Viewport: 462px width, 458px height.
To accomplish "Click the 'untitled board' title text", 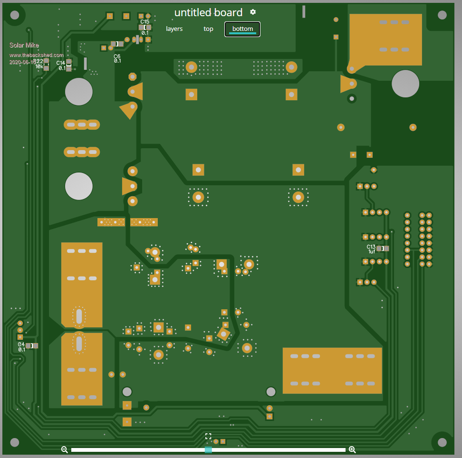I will tap(208, 13).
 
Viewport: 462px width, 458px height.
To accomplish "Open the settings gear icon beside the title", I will tap(253, 12).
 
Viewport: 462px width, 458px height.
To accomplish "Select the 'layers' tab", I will tap(174, 29).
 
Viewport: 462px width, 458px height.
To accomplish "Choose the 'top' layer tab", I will tap(208, 29).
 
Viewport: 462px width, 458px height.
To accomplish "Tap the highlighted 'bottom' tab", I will tap(242, 29).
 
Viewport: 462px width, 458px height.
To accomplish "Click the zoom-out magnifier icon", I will tap(65, 449).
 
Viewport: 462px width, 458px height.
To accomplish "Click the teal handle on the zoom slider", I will tap(208, 449).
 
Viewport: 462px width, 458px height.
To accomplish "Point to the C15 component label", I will tap(144, 22).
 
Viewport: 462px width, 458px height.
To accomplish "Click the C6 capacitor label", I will tap(117, 57).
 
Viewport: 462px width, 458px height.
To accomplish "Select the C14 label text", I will tap(61, 63).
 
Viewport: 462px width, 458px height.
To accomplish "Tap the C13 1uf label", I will tap(371, 247).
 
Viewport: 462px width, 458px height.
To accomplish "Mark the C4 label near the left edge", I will tap(21, 344).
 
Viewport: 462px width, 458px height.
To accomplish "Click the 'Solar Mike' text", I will tap(24, 45).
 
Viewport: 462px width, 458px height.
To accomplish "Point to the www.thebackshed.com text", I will tap(37, 55).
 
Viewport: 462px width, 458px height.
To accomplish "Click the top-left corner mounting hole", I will tap(15, 15).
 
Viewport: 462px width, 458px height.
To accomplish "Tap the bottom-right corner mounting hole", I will tap(442, 442).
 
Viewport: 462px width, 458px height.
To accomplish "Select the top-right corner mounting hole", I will tap(442, 15).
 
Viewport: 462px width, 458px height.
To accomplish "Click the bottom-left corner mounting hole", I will tap(15, 442).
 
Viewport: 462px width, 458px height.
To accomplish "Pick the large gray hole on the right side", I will tap(405, 84).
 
